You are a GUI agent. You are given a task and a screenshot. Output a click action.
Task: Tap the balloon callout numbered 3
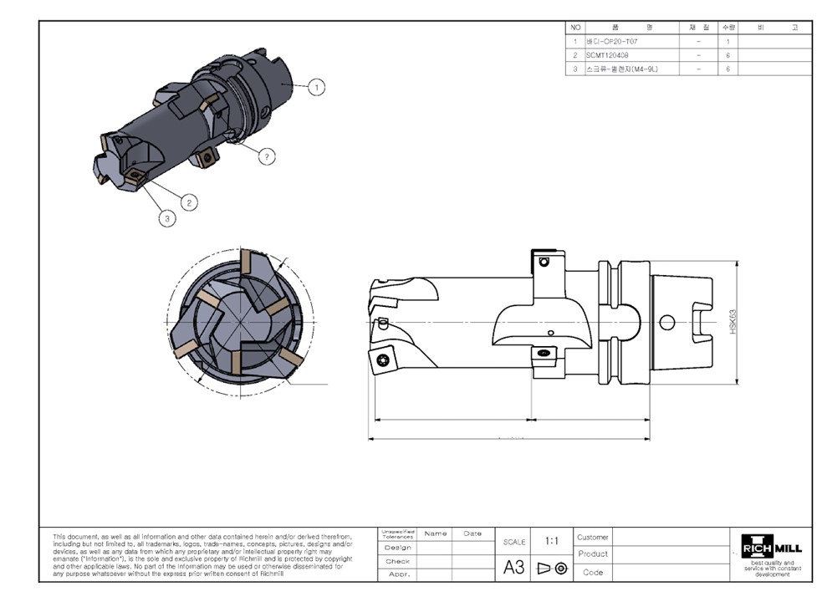tap(168, 218)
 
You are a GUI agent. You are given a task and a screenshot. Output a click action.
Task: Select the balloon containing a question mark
tap(267, 156)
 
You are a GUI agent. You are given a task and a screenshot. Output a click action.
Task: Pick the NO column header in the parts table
tap(575, 28)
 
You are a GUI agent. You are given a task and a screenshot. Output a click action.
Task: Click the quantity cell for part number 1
tap(728, 41)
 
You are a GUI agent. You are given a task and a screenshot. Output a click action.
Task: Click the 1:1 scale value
tap(552, 541)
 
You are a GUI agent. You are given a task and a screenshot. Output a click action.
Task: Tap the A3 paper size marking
tap(513, 568)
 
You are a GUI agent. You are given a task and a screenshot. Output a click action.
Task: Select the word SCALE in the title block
tap(513, 542)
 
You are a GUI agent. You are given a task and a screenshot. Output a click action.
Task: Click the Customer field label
tap(593, 537)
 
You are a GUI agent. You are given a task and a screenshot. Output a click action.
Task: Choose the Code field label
tap(593, 573)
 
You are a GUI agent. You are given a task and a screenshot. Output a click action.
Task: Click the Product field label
tap(593, 554)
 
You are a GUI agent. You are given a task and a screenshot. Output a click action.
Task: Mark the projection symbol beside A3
tap(551, 569)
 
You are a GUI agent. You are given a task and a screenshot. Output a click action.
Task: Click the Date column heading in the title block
tap(472, 533)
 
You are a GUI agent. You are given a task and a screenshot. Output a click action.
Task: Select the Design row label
tap(397, 548)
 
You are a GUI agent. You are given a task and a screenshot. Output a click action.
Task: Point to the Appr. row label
tap(397, 575)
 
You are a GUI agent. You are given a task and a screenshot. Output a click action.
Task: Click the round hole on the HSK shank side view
tap(666, 321)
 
